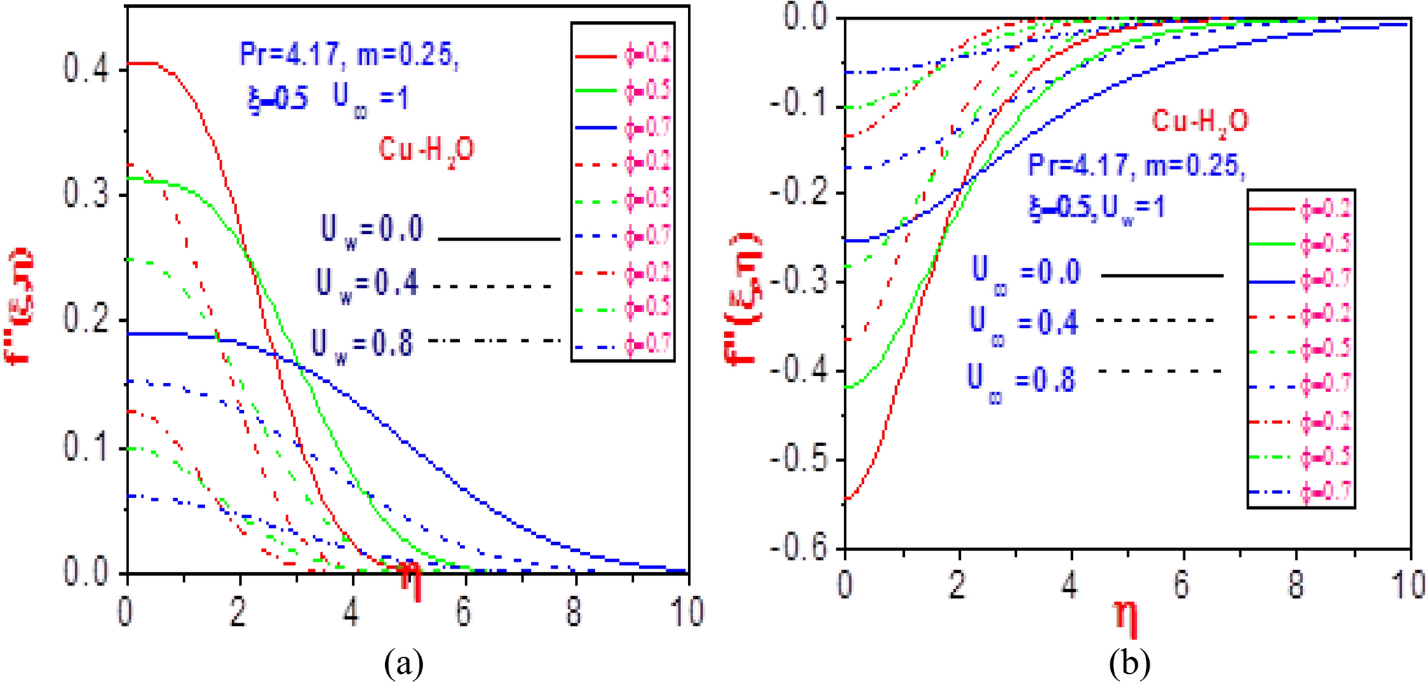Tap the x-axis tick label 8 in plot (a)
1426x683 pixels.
pos(575,612)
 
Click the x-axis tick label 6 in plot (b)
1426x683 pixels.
pos(1183,584)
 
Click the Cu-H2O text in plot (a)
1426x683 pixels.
pos(426,150)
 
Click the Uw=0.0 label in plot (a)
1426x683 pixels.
pos(372,229)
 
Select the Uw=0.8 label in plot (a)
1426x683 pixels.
pos(363,344)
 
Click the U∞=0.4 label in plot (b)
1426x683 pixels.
pos(1024,324)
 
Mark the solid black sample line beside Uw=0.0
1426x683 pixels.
pos(499,239)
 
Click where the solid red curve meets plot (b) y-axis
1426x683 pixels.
pos(846,499)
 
